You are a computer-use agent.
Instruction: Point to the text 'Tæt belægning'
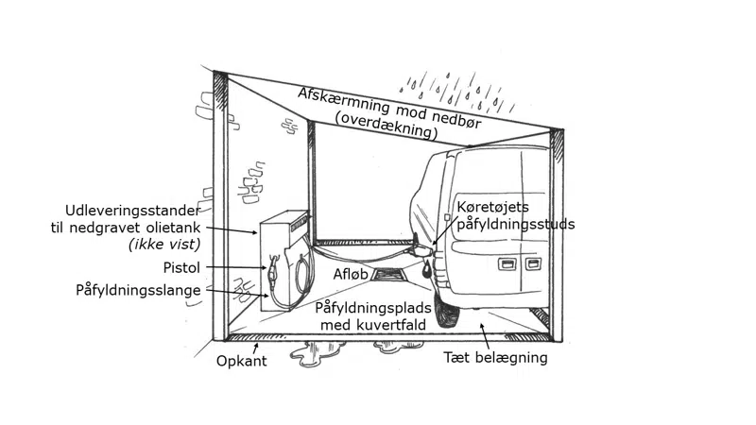point(496,358)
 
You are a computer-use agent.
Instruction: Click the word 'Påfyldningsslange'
point(138,290)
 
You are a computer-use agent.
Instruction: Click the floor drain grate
point(388,276)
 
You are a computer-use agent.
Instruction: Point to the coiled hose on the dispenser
point(303,271)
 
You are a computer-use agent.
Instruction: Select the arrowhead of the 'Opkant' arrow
point(255,345)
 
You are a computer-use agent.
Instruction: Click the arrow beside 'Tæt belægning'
point(486,336)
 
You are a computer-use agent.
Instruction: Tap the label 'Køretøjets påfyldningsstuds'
point(515,214)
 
